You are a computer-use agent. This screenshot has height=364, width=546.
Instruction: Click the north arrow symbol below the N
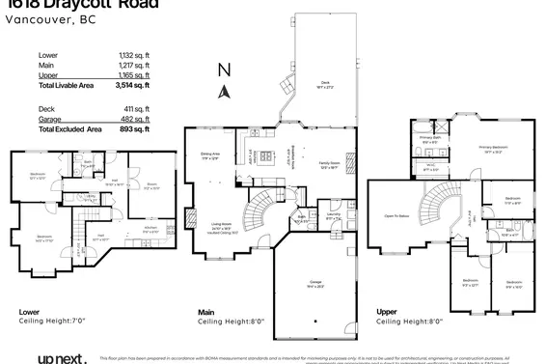coord(224,92)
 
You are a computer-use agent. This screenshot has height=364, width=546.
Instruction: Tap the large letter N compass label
coord(224,70)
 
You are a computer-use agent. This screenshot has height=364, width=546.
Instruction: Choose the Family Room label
coord(329,165)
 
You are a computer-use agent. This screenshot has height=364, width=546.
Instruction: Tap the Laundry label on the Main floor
coord(333,217)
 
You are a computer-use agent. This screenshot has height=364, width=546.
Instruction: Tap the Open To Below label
coord(397,215)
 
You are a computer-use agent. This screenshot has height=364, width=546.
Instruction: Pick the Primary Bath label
coord(430,140)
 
